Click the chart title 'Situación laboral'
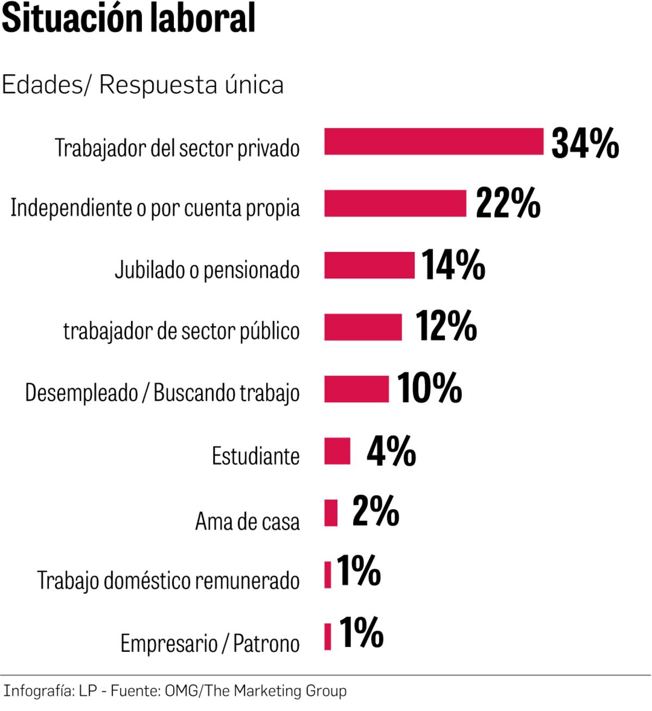point(128,18)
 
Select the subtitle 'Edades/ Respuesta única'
point(142,85)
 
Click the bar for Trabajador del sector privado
point(434,142)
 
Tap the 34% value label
point(585,144)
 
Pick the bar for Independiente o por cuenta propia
point(395,204)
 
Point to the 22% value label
point(508,204)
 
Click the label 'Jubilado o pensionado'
point(207,270)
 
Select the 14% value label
point(453,265)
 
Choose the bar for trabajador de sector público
point(363,327)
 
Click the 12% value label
point(446,327)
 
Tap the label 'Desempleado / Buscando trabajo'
point(162,392)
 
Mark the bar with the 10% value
point(356,389)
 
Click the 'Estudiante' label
point(255,456)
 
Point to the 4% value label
point(391,451)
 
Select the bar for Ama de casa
point(331,513)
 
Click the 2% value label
point(375,512)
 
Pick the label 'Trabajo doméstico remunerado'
point(168,581)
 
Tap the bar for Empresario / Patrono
point(328,637)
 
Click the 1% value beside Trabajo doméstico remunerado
point(359,571)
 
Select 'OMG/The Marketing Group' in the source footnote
point(255,691)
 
